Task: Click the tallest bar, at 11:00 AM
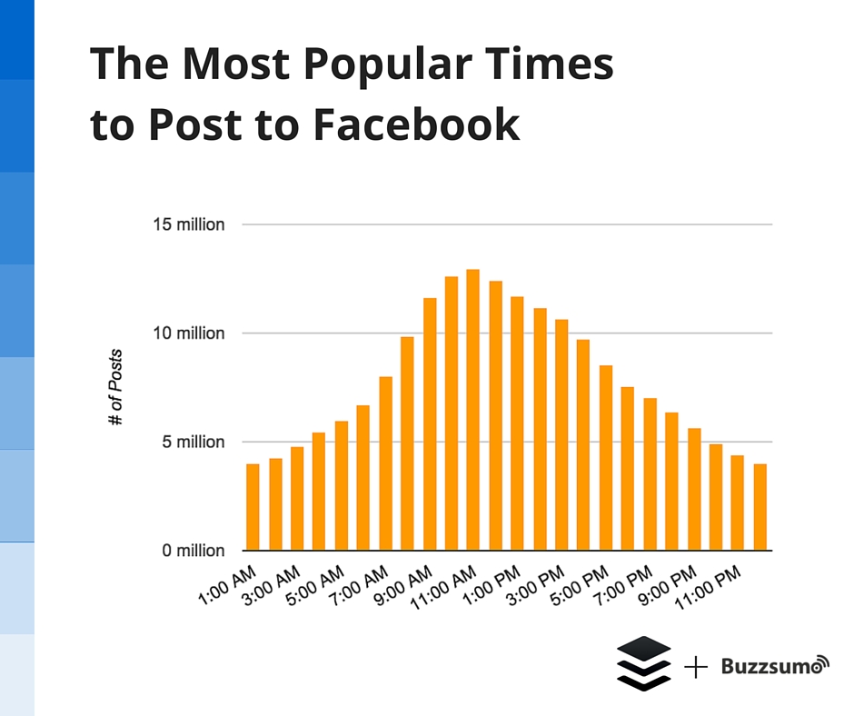[x=472, y=410]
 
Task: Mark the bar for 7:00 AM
[x=385, y=463]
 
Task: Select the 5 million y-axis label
[x=191, y=443]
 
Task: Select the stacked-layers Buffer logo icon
[x=643, y=664]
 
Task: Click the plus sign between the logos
[x=696, y=667]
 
